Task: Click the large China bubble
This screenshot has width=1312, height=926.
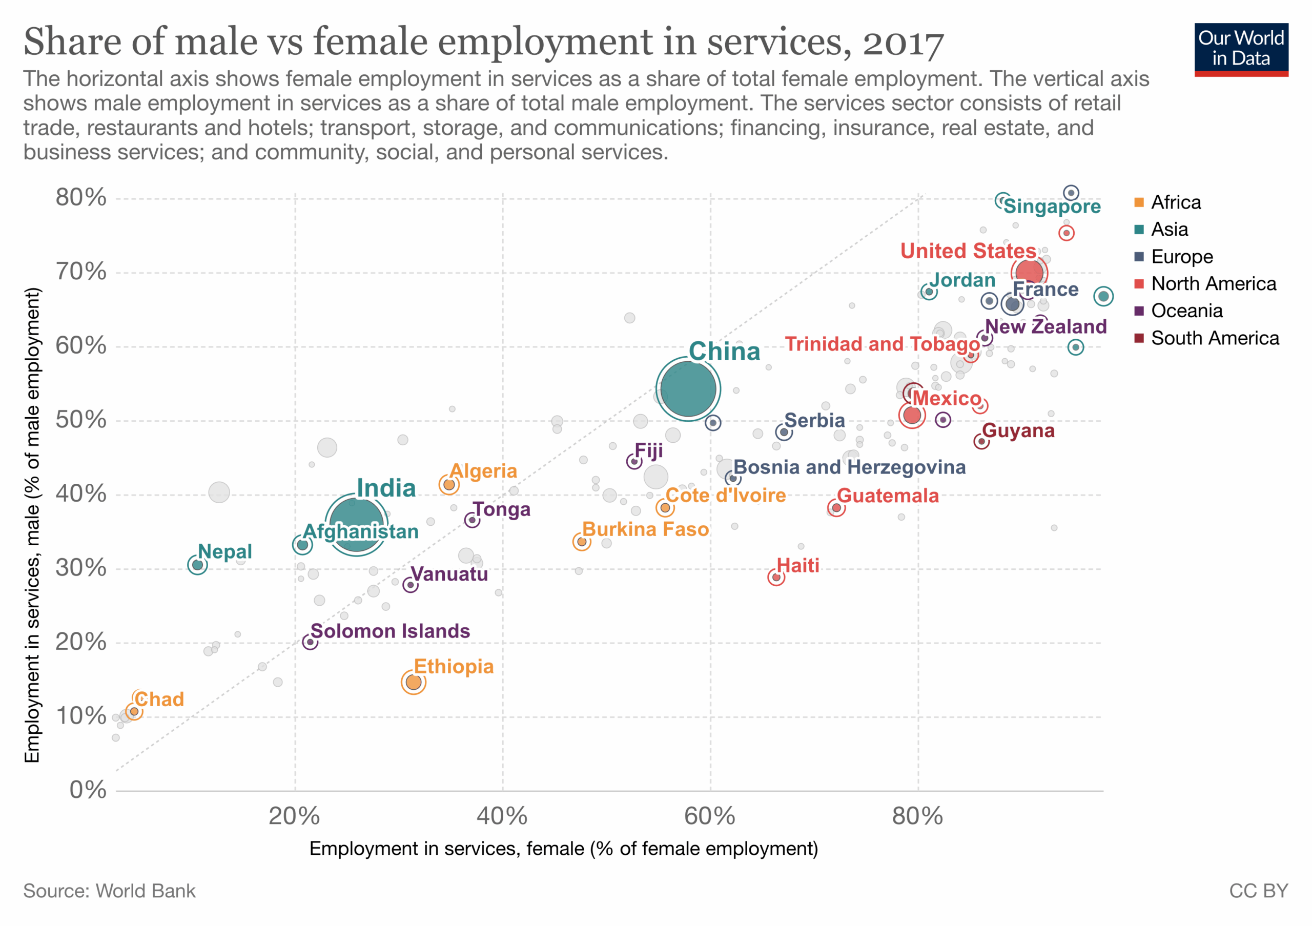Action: coord(688,389)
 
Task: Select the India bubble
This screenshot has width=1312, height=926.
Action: coord(356,524)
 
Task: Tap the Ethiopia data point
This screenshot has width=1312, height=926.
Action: coord(414,682)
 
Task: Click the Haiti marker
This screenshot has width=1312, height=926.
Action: coord(776,578)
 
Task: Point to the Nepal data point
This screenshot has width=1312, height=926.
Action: coord(197,565)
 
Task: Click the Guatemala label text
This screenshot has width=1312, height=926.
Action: coord(888,496)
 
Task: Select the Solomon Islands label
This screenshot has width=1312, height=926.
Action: coord(391,631)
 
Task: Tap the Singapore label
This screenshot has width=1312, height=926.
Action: coord(1052,206)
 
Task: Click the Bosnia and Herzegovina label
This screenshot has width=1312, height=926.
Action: coord(849,467)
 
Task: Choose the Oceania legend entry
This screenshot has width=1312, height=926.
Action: coord(1186,311)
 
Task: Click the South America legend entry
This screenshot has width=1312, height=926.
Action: coord(1214,338)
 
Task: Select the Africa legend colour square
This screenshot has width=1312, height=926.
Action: coord(1139,203)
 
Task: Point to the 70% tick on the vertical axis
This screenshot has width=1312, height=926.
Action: coord(81,272)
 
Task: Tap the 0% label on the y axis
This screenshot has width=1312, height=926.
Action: coord(88,790)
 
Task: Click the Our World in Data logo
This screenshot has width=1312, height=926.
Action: coord(1241,49)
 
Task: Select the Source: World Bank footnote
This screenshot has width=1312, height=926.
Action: coord(109,891)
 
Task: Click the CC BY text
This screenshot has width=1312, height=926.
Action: coord(1258,891)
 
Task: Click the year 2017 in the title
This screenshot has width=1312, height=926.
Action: coord(903,43)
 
